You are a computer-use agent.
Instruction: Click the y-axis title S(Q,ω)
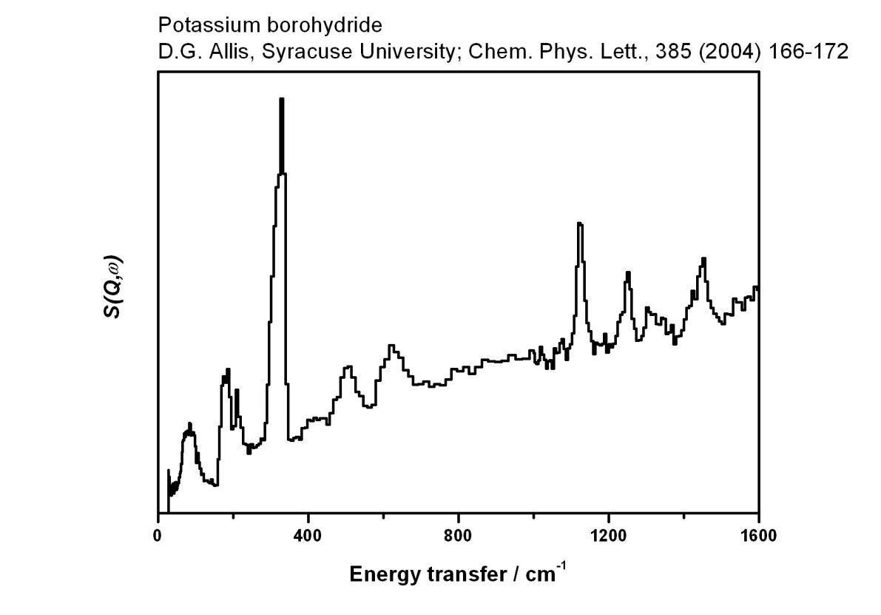coord(112,288)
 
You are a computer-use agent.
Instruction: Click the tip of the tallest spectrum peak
coord(282,99)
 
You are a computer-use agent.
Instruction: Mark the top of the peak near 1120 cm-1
coord(580,224)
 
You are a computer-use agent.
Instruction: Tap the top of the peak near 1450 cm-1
coord(704,258)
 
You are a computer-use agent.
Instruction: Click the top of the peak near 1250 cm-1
coord(628,272)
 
